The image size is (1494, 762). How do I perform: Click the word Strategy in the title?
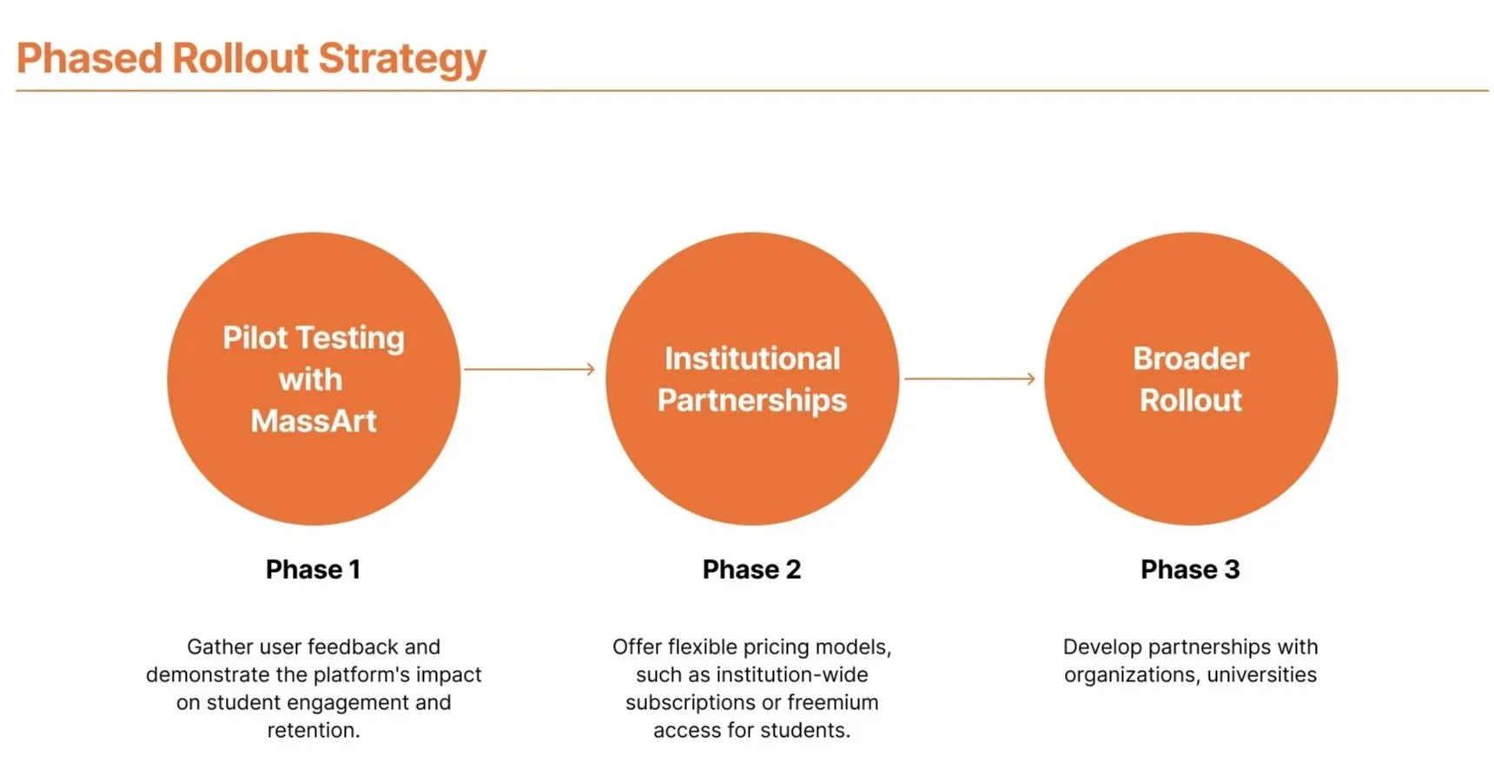[402, 60]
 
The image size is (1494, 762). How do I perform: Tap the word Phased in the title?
[89, 58]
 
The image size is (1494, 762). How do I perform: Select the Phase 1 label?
[313, 569]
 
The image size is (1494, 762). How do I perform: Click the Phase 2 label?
[751, 569]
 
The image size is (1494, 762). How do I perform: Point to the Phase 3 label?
[1190, 569]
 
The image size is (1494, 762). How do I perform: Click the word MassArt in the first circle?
[314, 421]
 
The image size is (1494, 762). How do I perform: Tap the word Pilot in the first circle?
[255, 337]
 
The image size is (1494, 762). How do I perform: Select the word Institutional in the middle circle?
[752, 358]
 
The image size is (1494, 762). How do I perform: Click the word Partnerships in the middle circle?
[752, 401]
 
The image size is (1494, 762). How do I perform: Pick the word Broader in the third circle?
[1191, 358]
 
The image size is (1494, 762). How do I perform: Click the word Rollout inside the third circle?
[1191, 400]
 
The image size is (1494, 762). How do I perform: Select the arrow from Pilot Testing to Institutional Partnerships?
[530, 369]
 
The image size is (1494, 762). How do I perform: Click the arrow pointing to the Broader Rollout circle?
[969, 378]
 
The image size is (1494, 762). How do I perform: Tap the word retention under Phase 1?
[313, 731]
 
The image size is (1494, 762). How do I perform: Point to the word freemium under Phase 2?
[832, 702]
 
